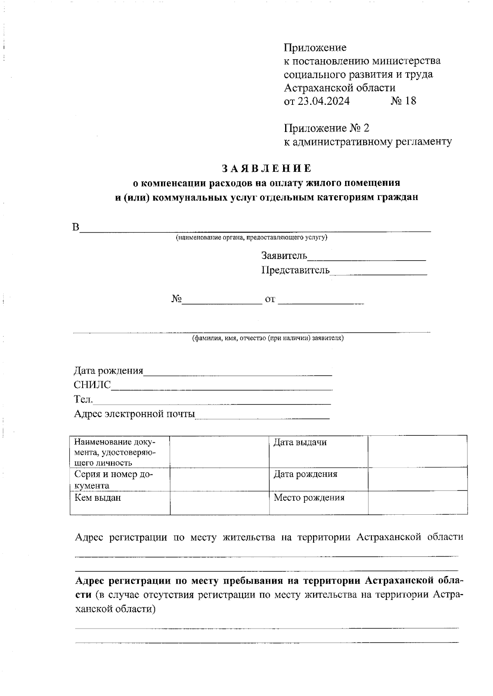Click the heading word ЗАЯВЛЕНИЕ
tap(267, 169)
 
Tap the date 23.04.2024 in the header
tap(323, 101)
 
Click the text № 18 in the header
tap(403, 101)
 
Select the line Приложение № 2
tap(327, 128)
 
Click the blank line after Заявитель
tap(366, 257)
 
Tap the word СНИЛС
tap(92, 385)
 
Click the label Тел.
tap(83, 399)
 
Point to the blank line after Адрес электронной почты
tap(262, 415)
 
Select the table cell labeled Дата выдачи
tap(300, 443)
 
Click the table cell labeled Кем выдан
tap(98, 498)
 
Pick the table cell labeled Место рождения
tap(309, 498)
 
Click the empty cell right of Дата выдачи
tap(417, 451)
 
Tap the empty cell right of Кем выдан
tap(219, 502)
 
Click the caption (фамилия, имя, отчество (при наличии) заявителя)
tap(268, 338)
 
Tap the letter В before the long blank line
tap(76, 228)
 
